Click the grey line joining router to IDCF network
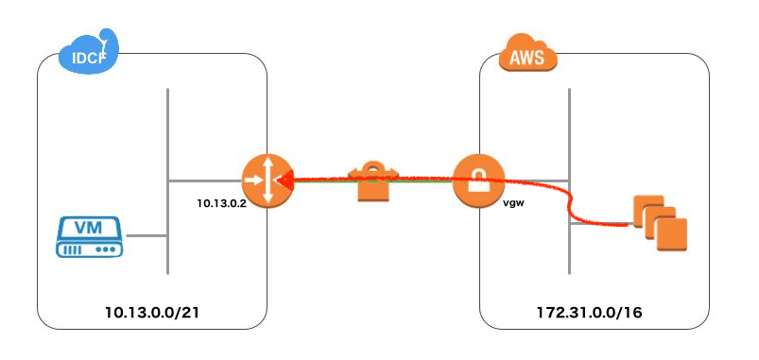203,180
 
